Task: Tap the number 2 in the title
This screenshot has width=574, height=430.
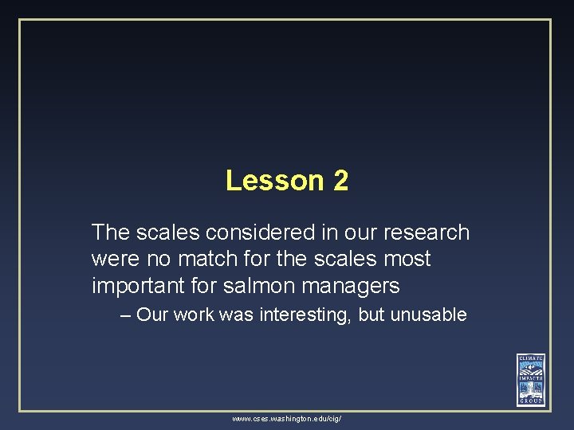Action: pyautogui.click(x=341, y=181)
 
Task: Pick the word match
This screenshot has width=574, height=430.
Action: pyautogui.click(x=194, y=259)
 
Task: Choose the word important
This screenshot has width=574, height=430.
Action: pyautogui.click(x=136, y=285)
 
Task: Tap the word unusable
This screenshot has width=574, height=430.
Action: pyautogui.click(x=429, y=315)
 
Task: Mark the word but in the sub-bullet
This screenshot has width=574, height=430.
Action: pyautogui.click(x=372, y=315)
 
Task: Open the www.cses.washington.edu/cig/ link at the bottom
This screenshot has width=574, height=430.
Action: pyautogui.click(x=287, y=418)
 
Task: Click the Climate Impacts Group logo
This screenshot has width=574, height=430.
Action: pyautogui.click(x=530, y=379)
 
